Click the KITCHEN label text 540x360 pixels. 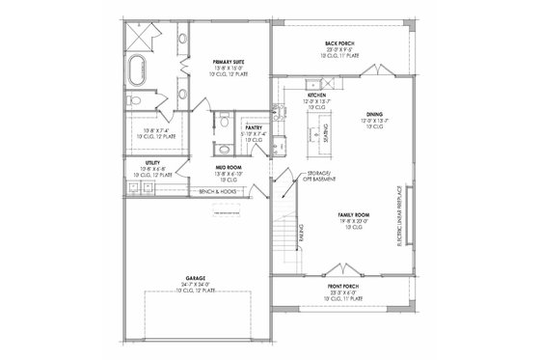click(318, 96)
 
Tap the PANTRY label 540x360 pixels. click(254, 126)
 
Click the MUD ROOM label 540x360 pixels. click(229, 168)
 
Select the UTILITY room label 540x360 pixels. click(152, 164)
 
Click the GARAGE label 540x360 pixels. click(198, 281)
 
